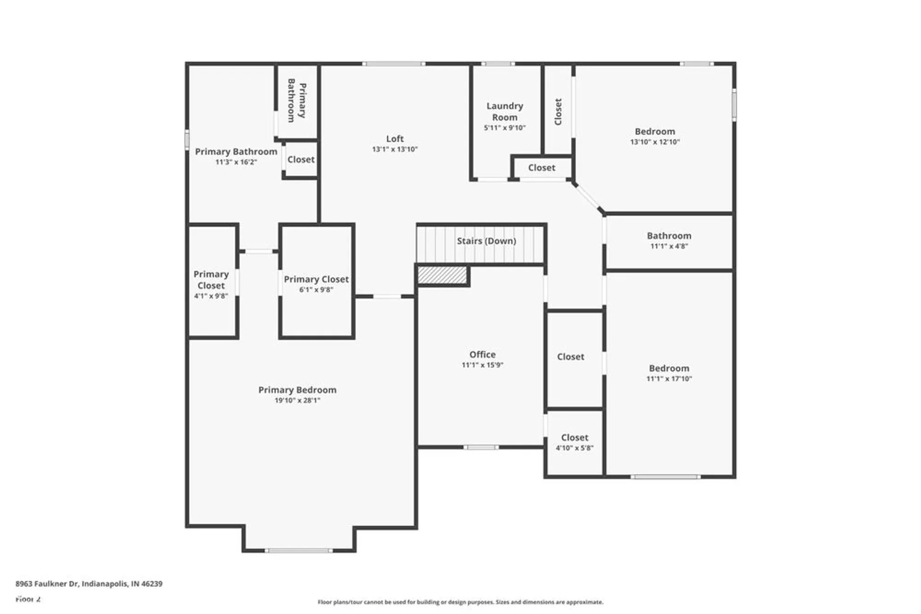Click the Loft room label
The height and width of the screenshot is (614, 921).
[395, 139]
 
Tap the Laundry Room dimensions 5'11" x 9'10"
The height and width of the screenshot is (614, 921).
[504, 128]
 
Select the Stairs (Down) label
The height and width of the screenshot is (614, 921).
[486, 241]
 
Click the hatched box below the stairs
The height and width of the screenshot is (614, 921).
[442, 275]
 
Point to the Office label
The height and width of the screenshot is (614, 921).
[482, 354]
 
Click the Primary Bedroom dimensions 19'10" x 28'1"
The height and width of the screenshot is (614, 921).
[297, 400]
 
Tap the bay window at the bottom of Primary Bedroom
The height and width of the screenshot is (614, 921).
[298, 550]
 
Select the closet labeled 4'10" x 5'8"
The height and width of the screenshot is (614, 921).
[574, 442]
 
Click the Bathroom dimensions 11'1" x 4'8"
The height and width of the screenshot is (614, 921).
[669, 246]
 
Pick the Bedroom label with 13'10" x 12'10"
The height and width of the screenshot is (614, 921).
[654, 132]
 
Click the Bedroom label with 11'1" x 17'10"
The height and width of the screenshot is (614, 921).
[669, 368]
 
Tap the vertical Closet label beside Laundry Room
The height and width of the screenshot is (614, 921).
[558, 111]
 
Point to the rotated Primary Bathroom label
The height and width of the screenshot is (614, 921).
[297, 100]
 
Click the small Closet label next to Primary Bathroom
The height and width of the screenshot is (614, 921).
[301, 159]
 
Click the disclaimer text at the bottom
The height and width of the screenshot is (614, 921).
[460, 602]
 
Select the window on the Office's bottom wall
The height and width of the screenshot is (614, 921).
[481, 447]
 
